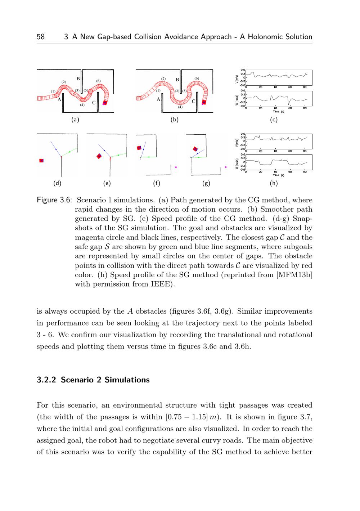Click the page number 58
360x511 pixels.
41,37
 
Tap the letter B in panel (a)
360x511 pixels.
78,79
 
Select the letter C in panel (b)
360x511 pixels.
193,101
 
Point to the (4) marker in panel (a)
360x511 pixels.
82,105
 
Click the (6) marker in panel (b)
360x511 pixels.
197,79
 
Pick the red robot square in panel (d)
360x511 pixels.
42,161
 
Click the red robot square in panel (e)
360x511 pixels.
99,156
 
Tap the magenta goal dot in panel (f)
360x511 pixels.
176,167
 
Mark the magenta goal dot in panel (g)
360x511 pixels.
225,167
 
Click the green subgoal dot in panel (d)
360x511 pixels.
69,152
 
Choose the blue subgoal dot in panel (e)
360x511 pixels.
104,150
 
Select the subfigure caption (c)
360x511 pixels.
274,120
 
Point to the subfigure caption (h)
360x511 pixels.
274,183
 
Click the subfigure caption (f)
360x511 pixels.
156,183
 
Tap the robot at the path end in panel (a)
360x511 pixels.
105,103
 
